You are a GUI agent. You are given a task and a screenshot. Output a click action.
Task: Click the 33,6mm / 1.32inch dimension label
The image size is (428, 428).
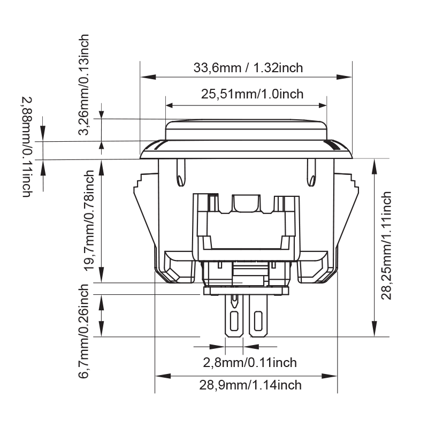[x=248, y=68]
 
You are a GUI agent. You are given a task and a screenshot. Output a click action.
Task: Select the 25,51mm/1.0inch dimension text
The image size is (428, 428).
[x=252, y=94]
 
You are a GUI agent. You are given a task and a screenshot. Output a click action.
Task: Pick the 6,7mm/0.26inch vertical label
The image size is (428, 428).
[x=84, y=331]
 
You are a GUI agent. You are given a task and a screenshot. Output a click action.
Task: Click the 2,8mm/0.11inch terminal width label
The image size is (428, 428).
[x=249, y=363]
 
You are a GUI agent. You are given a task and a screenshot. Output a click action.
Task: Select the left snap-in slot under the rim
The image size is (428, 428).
[x=180, y=172]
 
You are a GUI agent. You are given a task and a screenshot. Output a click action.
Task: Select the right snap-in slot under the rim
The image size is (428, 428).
[x=311, y=172]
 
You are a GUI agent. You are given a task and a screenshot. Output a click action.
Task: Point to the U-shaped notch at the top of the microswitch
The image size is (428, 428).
[x=246, y=203]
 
